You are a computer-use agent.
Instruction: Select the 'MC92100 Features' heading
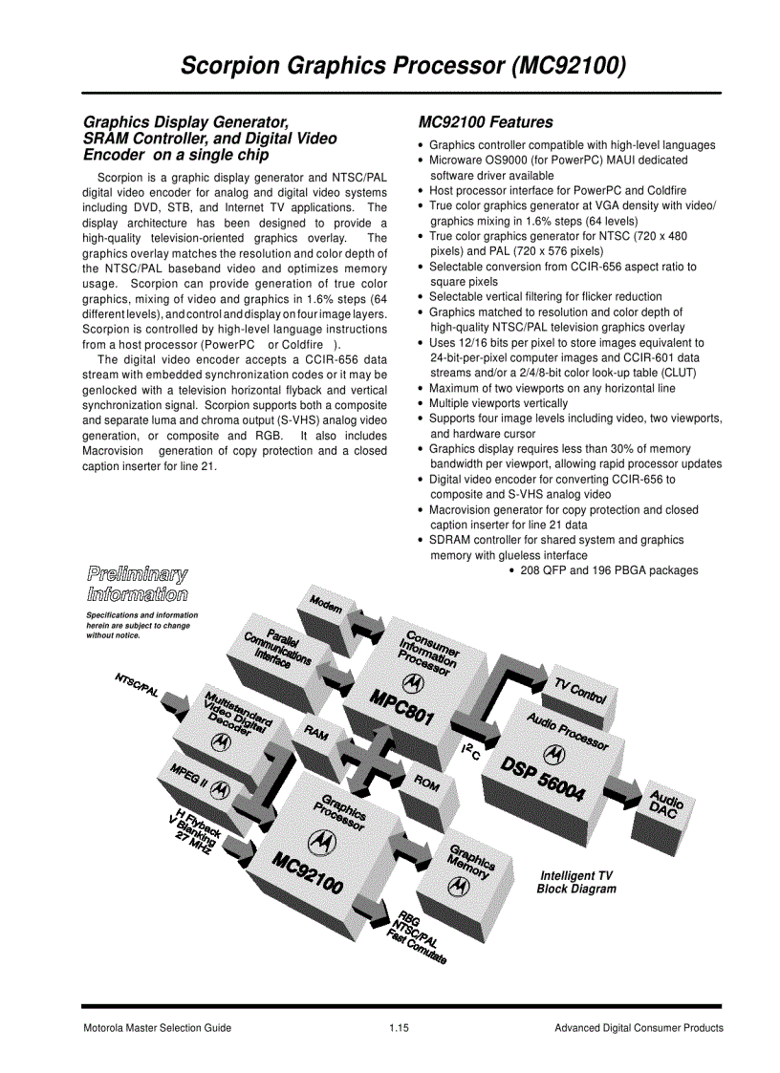486,122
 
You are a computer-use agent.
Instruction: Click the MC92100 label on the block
307,872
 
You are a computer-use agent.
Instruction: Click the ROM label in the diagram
426,783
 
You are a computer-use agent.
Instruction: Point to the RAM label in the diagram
315,734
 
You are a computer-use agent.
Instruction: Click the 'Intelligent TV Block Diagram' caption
576,882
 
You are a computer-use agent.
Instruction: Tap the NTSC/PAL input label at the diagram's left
137,685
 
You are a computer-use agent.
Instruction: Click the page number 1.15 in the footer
399,1028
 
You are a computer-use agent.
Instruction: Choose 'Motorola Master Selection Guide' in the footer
157,1028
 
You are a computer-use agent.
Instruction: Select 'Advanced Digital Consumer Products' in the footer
639,1028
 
